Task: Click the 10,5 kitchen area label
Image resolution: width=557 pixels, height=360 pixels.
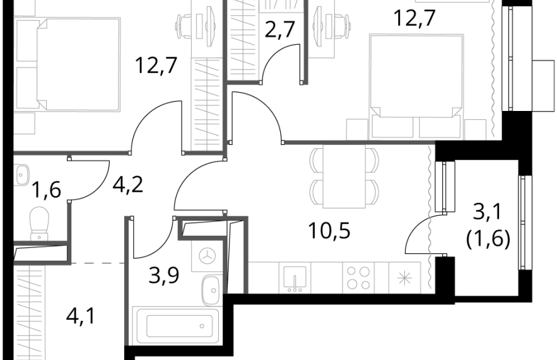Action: coord(329,231)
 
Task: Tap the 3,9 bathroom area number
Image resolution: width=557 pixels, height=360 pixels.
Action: coord(164,276)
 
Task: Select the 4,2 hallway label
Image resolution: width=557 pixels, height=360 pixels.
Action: coord(127,185)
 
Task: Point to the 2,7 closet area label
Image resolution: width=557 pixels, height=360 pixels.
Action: coord(279,30)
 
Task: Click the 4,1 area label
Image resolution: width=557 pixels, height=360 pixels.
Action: coord(81,316)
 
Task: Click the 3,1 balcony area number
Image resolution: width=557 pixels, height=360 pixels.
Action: coord(488,213)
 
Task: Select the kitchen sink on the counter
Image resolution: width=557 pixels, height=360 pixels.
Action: coord(295,278)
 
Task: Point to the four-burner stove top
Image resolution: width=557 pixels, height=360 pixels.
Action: coord(358,278)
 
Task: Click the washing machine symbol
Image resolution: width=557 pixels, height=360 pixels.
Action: coord(208,255)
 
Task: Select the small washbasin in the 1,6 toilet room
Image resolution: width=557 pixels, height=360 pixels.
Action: coord(22,174)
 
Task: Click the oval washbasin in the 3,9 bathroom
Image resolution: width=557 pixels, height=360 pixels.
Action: coord(211,291)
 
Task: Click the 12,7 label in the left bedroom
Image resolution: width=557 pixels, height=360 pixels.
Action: coord(156,66)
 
